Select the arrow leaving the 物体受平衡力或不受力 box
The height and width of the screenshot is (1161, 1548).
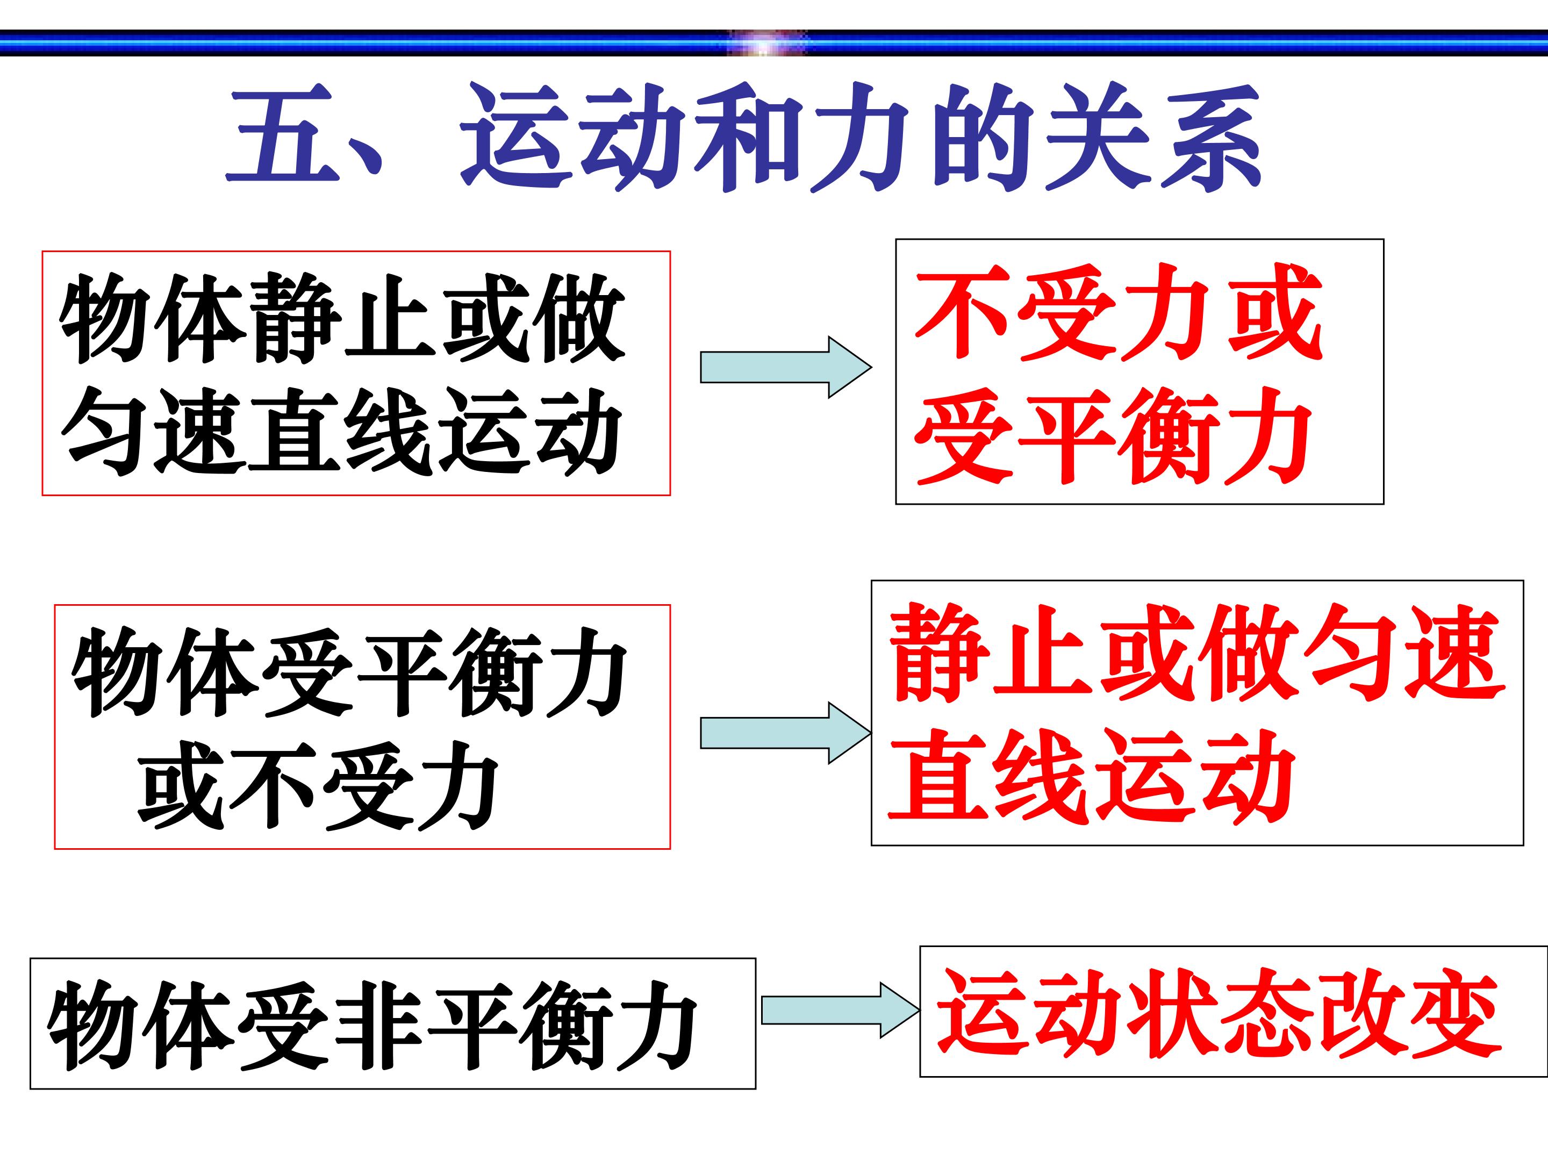[x=786, y=733]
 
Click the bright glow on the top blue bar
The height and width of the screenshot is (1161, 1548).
[x=766, y=44]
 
